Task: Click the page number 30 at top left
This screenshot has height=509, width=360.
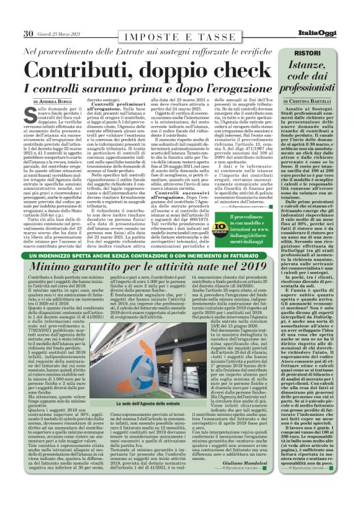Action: tap(28, 33)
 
